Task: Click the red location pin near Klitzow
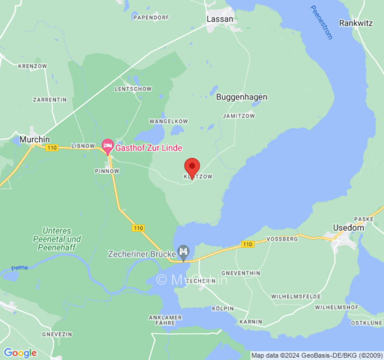(x=192, y=167)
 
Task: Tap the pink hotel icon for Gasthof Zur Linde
(x=108, y=146)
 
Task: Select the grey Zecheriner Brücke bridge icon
(x=183, y=251)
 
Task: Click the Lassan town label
(x=220, y=19)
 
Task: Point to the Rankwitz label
(x=356, y=23)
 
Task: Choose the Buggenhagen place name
(x=241, y=97)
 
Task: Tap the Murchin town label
(x=35, y=139)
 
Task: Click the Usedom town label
(x=348, y=228)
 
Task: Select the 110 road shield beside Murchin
(x=52, y=148)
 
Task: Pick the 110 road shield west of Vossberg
(x=247, y=244)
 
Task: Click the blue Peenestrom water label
(x=321, y=22)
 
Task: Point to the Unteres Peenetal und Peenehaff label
(x=57, y=239)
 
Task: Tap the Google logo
(x=20, y=353)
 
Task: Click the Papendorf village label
(x=151, y=18)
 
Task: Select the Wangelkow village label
(x=168, y=121)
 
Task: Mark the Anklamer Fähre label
(x=165, y=320)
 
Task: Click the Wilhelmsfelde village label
(x=296, y=297)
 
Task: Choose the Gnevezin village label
(x=57, y=334)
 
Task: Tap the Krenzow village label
(x=32, y=66)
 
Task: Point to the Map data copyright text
(x=316, y=355)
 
